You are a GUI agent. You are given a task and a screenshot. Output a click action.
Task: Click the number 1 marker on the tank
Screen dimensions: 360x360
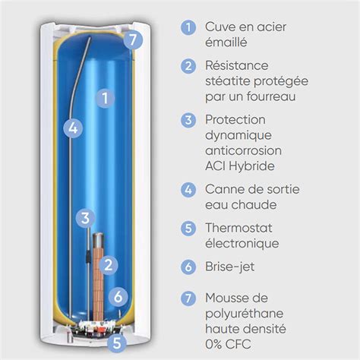pyautogui.click(x=106, y=97)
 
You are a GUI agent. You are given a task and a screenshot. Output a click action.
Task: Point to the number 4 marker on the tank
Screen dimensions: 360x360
pyautogui.click(x=72, y=128)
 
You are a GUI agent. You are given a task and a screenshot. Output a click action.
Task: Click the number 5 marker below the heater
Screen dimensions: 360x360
pyautogui.click(x=117, y=343)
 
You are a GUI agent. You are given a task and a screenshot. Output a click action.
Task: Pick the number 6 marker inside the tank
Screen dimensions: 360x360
pyautogui.click(x=117, y=297)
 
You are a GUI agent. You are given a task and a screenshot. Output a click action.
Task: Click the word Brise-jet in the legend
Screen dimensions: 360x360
pyautogui.click(x=232, y=267)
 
